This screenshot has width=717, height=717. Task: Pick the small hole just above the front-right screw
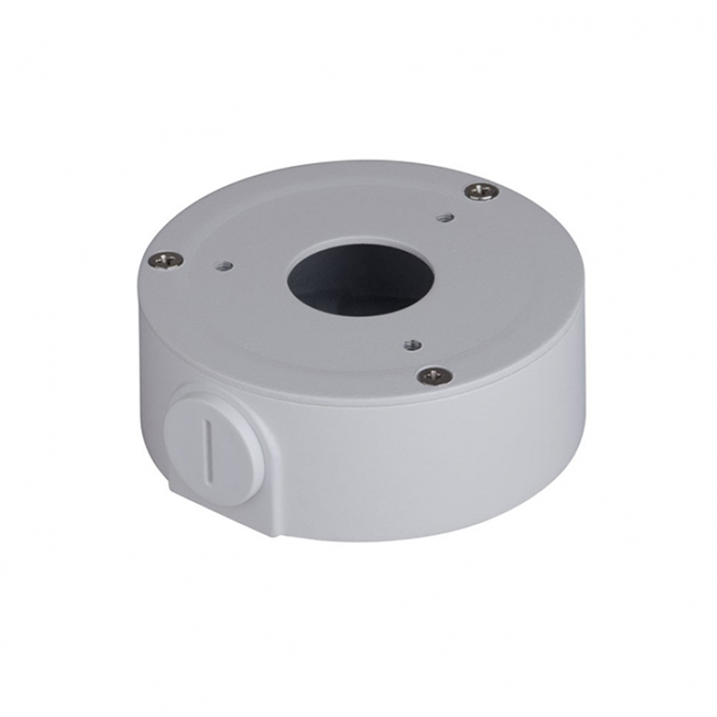pyautogui.click(x=410, y=341)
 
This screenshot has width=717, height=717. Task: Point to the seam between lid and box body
pyautogui.click(x=376, y=400)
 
